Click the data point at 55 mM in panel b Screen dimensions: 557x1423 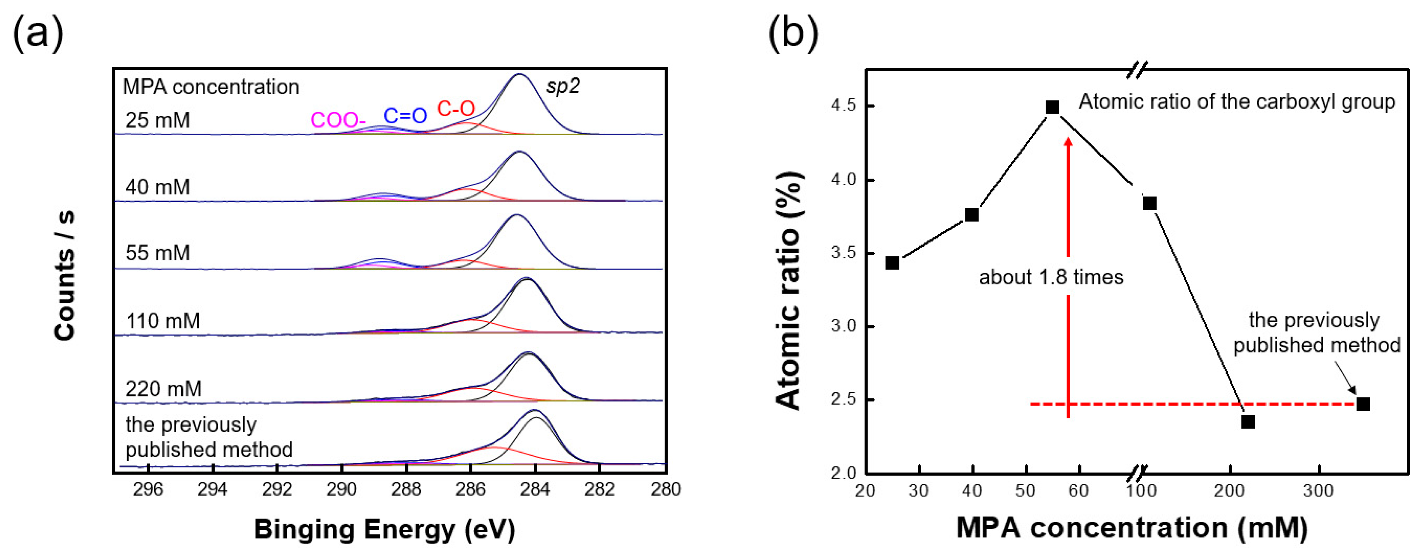pyautogui.click(x=1052, y=107)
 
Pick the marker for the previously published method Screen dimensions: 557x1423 pyautogui.click(x=1363, y=404)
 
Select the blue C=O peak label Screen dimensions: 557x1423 pyautogui.click(x=406, y=115)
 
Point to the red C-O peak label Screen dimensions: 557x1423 pyautogui.click(x=456, y=108)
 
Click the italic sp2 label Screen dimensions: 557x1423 pyautogui.click(x=562, y=86)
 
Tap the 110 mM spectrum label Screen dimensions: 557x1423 pyautogui.click(x=163, y=321)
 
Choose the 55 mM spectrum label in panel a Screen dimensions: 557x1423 pyautogui.click(x=158, y=253)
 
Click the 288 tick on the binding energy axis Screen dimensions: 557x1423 pyautogui.click(x=406, y=489)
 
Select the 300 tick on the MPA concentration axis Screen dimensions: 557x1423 pyautogui.click(x=1319, y=490)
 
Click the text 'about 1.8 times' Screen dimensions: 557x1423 pyautogui.click(x=1051, y=277)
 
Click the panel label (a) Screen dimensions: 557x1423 pyautogui.click(x=38, y=34)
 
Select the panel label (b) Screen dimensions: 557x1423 pyautogui.click(x=793, y=34)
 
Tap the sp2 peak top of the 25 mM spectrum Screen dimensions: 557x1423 pyautogui.click(x=519, y=74)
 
